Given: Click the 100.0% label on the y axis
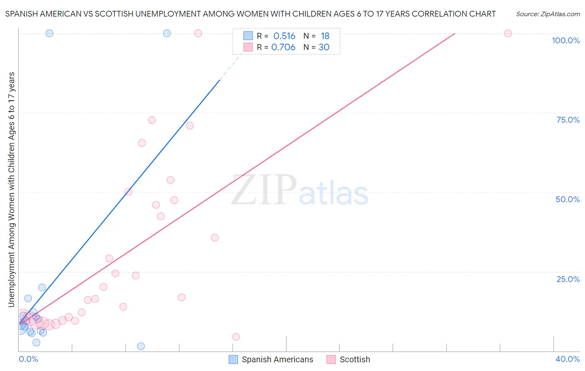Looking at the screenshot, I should point(565,40).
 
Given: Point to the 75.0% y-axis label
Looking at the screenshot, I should point(568,120).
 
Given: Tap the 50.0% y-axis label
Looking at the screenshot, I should point(568,199).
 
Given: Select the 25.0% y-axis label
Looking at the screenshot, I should point(568,279).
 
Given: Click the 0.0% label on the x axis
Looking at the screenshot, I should point(28,359).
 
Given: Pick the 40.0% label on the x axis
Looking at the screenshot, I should point(568,359).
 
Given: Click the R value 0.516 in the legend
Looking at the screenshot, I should point(284,36).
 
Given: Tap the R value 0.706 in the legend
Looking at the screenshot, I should point(283,47).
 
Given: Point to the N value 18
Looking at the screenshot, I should point(325,36).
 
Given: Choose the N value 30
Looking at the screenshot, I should point(324,47).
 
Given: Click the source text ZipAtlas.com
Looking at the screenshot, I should point(548,14).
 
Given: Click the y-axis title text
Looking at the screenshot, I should point(11,189).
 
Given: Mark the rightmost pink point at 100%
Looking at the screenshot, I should point(508,33).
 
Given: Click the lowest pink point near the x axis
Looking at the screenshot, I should point(236,337).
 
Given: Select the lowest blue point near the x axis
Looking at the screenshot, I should point(141,346).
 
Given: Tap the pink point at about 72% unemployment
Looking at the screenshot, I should point(152,120).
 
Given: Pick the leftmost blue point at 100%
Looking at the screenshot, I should point(49,33).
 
